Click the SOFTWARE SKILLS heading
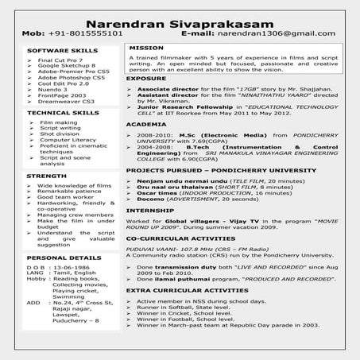[x=52, y=49]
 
